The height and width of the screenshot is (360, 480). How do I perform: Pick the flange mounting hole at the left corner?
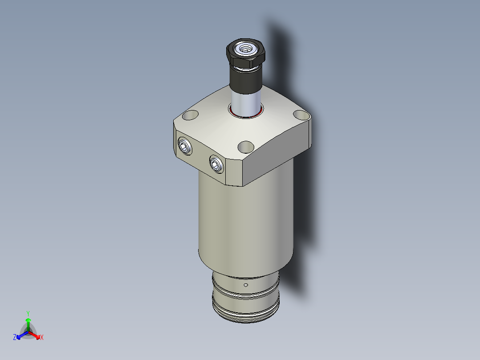tap(190, 115)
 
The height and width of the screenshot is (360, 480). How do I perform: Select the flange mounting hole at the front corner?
tap(245, 146)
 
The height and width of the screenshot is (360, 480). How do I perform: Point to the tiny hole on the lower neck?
tap(246, 285)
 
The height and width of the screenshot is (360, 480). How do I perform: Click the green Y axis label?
tap(28, 313)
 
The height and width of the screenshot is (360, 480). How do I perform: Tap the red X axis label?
tap(42, 338)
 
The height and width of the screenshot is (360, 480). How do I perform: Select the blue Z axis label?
tap(15, 337)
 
